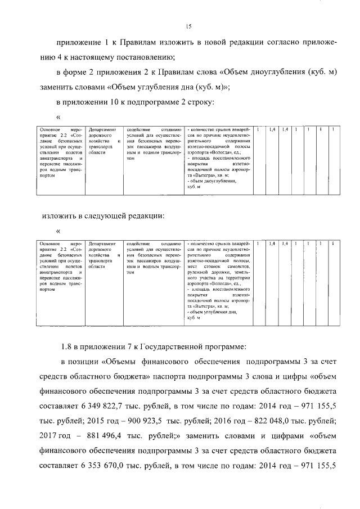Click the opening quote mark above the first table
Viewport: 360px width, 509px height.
[x=58, y=117]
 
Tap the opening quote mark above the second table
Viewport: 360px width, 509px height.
[x=58, y=231]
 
